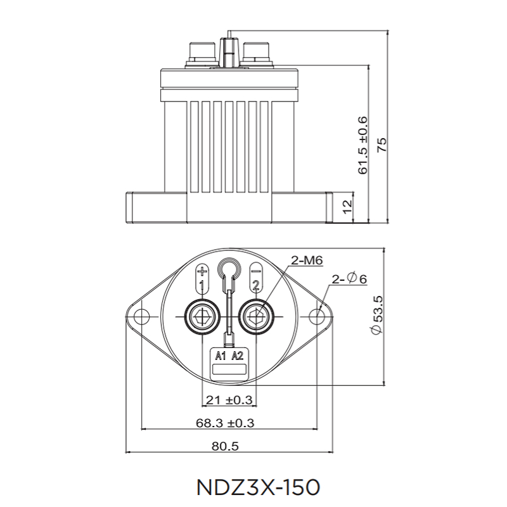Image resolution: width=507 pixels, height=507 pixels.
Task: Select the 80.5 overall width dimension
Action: click(x=225, y=446)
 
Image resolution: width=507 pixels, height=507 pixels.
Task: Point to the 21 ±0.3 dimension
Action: click(x=228, y=400)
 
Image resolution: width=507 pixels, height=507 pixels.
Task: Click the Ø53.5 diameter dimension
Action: click(x=375, y=314)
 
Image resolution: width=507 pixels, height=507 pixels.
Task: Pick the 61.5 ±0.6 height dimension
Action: click(x=363, y=145)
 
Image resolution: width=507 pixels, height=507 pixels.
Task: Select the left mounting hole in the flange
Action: click(x=141, y=316)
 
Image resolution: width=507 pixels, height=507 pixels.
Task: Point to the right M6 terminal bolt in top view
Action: click(x=257, y=315)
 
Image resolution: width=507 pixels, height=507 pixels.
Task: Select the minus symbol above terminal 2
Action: click(x=255, y=269)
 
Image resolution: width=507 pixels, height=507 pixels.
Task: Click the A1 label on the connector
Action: click(x=220, y=356)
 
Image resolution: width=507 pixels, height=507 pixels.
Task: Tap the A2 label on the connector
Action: click(x=238, y=356)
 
